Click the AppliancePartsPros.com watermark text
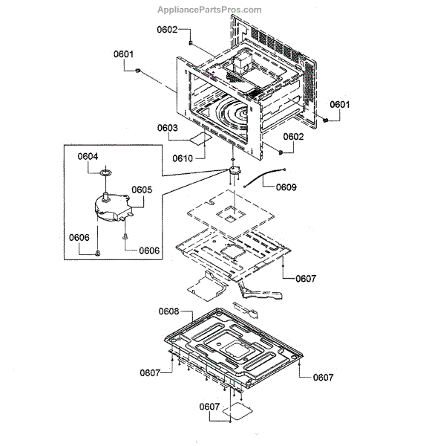coord(209,10)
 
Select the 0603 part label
coord(168,128)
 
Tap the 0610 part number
coord(183,158)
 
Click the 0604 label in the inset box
coord(88,156)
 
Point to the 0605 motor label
coord(142,190)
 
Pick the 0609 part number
coord(286,187)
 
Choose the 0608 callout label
coord(168,311)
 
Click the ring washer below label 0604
coord(105,172)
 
